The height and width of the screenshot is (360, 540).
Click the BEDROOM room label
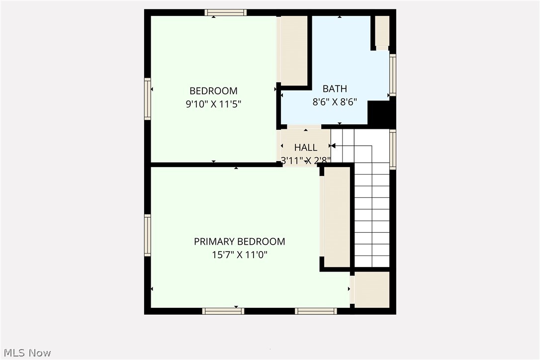213,91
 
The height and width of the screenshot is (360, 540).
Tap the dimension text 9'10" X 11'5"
213,104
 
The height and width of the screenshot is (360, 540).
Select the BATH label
335,89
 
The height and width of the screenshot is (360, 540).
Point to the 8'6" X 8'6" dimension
335,102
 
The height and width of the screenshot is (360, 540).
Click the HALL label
305,148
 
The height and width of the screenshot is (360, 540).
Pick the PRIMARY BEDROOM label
239,242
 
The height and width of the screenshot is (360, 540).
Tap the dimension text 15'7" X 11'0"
239,255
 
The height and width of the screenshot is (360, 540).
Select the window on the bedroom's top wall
225,12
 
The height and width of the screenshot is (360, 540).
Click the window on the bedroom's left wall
148,98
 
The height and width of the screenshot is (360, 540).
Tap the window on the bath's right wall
393,75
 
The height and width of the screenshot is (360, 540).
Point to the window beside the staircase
393,149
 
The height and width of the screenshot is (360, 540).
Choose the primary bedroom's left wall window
148,235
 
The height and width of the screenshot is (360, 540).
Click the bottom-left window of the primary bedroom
223,311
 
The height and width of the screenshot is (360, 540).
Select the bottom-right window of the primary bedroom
316,311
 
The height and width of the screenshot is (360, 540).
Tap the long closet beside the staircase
337,218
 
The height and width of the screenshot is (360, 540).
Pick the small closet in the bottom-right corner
371,289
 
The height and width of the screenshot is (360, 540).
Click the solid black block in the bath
380,113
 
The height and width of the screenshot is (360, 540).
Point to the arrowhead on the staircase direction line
333,146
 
